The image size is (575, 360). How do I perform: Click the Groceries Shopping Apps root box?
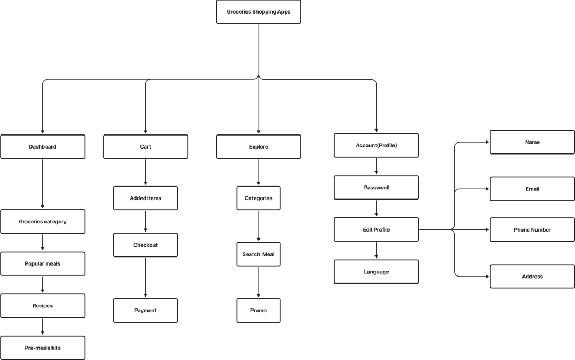click(258, 12)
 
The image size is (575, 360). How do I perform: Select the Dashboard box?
click(42, 147)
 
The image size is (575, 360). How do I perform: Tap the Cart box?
click(145, 147)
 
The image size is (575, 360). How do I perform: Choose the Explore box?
click(258, 147)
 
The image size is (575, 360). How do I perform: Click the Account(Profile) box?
click(376, 145)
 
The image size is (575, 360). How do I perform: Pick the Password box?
click(376, 188)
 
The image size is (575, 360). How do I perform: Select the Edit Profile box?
click(376, 230)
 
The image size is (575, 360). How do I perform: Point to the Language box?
click(376, 272)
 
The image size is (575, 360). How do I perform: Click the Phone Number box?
click(532, 230)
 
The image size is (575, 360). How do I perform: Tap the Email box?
click(532, 189)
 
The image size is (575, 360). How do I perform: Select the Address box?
click(532, 277)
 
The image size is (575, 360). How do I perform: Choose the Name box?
click(532, 142)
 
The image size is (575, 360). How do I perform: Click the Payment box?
click(145, 311)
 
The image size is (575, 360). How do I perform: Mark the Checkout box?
click(145, 245)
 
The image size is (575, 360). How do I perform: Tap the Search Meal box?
click(258, 254)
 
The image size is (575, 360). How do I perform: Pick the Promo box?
click(258, 311)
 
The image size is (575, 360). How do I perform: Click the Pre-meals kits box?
click(42, 348)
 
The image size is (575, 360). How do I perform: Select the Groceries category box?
click(42, 222)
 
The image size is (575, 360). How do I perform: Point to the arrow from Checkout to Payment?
click(145, 277)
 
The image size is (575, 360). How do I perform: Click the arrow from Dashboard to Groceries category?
click(42, 184)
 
